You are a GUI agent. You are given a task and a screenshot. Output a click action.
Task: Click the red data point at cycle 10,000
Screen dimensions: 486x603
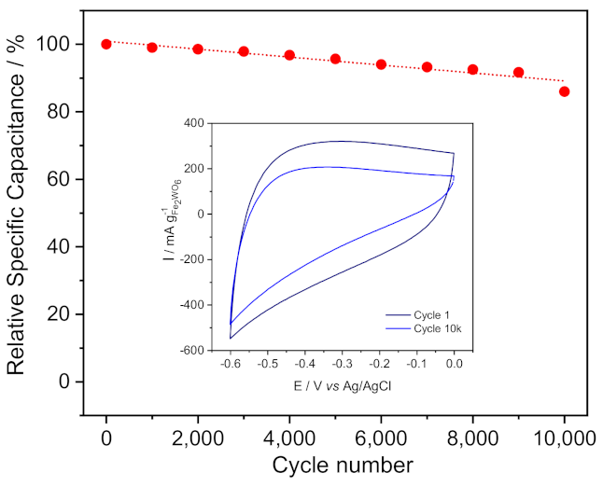[x=564, y=91]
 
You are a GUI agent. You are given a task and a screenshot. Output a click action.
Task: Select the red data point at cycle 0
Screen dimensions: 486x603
[x=106, y=44]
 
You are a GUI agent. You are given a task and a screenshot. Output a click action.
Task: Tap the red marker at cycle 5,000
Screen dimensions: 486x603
[x=335, y=59]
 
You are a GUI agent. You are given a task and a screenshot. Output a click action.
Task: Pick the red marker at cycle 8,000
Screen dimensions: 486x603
[x=472, y=70]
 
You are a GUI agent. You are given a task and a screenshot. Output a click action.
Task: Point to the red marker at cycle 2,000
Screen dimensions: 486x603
[x=198, y=49]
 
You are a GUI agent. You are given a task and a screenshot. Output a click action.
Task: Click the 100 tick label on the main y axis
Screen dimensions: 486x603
[x=58, y=44]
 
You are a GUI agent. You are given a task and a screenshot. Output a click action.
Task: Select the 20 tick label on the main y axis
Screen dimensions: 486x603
[x=63, y=314]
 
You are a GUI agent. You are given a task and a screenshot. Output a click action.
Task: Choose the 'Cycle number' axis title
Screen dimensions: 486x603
[x=335, y=465]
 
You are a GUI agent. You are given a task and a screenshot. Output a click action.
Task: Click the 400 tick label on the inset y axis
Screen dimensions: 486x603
[x=193, y=123]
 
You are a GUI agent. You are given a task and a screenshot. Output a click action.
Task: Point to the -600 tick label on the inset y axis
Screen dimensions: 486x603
[x=191, y=351]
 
